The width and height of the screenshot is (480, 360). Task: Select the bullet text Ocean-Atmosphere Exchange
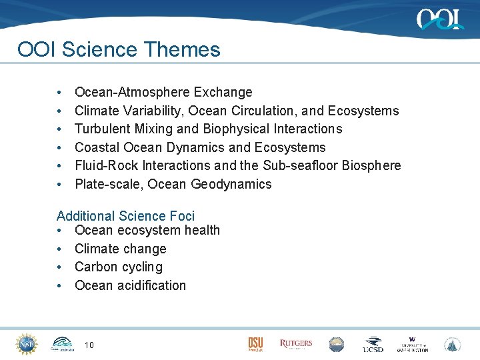point(163,92)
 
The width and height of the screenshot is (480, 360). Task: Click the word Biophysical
point(219,129)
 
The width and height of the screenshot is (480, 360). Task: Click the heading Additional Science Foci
point(125,216)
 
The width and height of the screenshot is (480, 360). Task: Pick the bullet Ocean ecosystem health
point(147,230)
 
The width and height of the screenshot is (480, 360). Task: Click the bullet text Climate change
point(120,249)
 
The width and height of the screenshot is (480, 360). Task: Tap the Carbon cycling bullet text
point(118,267)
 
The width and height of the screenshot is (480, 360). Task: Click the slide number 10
point(89,345)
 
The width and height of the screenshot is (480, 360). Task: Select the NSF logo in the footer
point(27,343)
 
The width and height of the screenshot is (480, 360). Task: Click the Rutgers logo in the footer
point(295,344)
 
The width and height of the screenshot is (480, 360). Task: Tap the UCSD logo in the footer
point(373,344)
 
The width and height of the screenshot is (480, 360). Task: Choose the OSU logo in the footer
point(255,344)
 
